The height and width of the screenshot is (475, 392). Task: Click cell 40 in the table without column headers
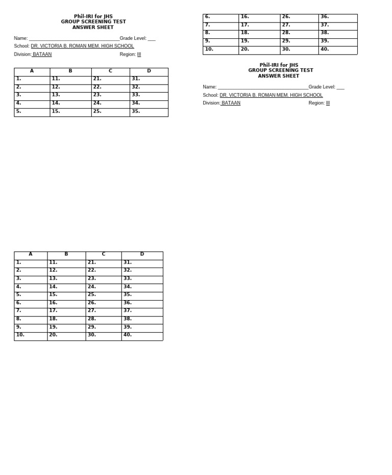click(337, 50)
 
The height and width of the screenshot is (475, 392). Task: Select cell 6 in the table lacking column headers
click(220, 18)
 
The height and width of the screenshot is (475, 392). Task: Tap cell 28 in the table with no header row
click(299, 34)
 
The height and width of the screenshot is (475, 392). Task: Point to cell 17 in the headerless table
click(259, 25)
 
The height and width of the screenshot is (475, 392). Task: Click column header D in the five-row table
click(149, 71)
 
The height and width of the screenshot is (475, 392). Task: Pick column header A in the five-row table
click(32, 71)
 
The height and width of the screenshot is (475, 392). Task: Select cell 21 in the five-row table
click(110, 80)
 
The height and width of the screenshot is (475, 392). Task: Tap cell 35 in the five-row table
click(149, 112)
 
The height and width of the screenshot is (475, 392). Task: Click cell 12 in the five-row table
click(70, 88)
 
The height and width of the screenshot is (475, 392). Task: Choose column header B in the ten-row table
click(66, 255)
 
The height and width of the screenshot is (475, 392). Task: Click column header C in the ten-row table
click(104, 255)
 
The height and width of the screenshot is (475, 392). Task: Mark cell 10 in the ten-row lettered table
click(31, 336)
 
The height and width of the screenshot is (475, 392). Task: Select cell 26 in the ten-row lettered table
click(104, 304)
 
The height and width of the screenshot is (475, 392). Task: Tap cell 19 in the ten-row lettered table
click(66, 328)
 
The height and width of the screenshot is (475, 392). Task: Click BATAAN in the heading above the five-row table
click(42, 55)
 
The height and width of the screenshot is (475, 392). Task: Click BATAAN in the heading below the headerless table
click(231, 103)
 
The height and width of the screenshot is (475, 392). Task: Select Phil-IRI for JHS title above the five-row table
click(93, 17)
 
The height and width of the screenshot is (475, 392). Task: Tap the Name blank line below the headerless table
click(263, 87)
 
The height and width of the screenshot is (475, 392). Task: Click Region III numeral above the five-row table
click(139, 55)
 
